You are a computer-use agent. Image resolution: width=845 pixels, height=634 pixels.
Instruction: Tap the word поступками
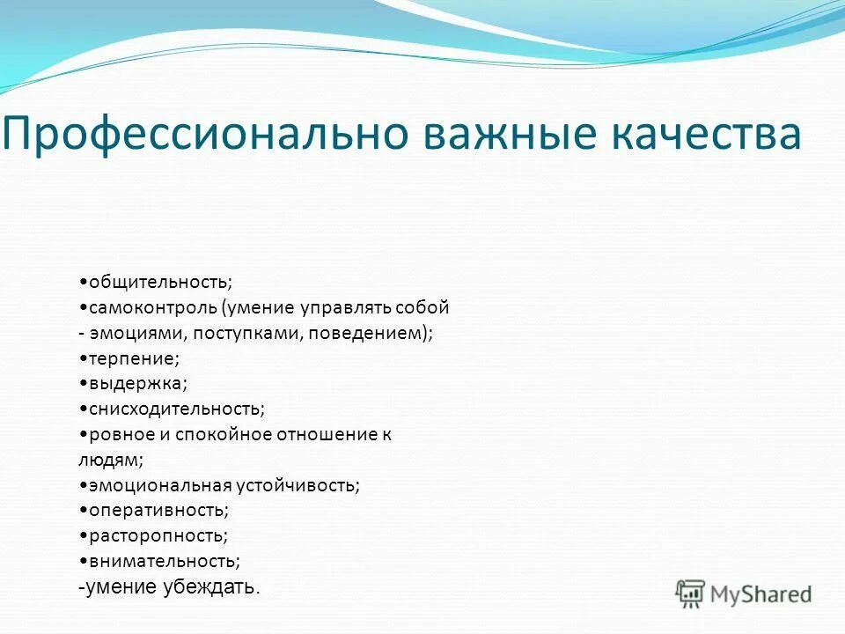pos(246,334)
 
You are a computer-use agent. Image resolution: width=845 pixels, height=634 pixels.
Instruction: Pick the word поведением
pos(369,334)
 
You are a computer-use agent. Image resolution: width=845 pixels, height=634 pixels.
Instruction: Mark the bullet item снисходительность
pos(173,409)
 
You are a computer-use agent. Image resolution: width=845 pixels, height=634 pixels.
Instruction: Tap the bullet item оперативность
pos(155,511)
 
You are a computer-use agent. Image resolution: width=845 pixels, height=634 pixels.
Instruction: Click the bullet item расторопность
pos(155,535)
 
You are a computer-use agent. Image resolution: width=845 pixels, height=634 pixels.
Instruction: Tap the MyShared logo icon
pos(690,593)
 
